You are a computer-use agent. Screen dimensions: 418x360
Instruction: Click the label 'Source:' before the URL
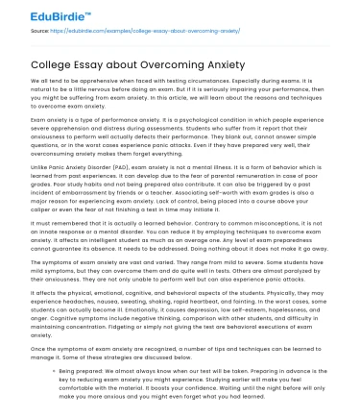click(41, 31)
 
